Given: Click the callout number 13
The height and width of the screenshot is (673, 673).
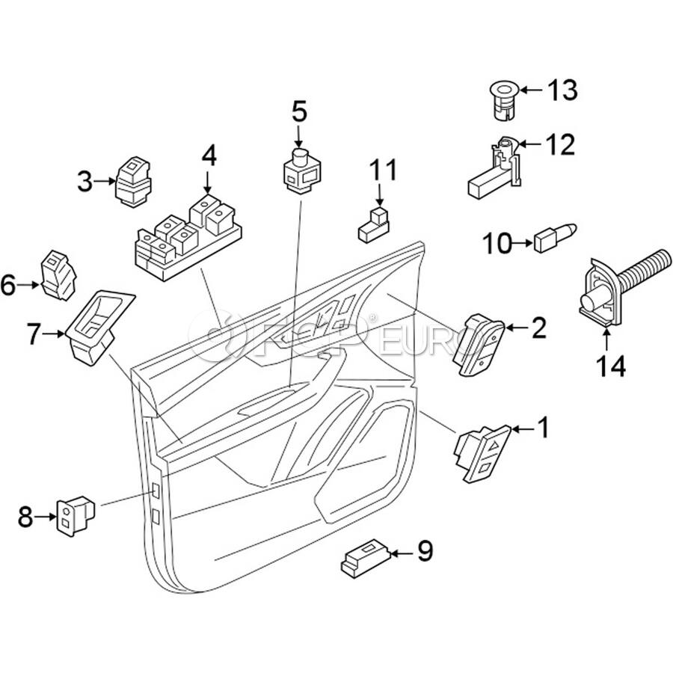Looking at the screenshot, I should pyautogui.click(x=562, y=90).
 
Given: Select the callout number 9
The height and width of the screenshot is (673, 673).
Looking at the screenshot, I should pyautogui.click(x=424, y=552).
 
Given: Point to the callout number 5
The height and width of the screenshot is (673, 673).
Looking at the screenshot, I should pyautogui.click(x=299, y=111).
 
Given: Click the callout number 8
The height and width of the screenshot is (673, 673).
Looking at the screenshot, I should pyautogui.click(x=26, y=516).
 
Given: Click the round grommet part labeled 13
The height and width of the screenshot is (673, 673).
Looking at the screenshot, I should pyautogui.click(x=500, y=101).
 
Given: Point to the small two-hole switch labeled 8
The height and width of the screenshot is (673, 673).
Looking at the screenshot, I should pyautogui.click(x=75, y=514).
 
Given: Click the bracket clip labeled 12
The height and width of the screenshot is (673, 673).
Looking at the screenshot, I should pyautogui.click(x=494, y=168).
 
